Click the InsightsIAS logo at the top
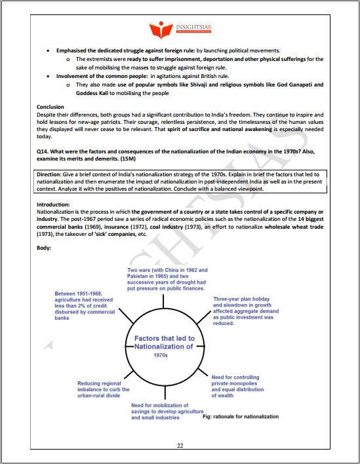(180, 29)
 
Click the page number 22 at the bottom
(180, 446)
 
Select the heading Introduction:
(55, 205)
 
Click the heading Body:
(45, 248)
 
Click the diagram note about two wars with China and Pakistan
(167, 279)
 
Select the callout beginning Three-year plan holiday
(243, 311)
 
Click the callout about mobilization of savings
(160, 411)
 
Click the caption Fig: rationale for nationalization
(241, 416)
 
